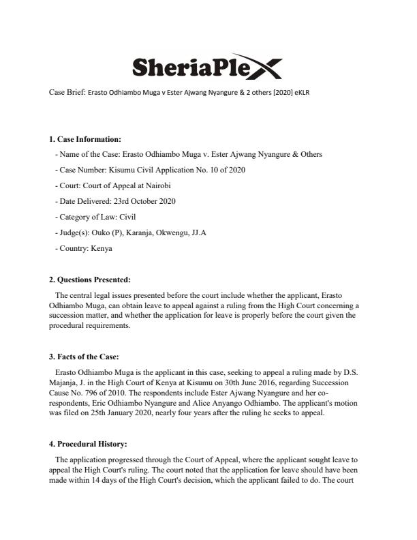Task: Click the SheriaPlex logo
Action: coord(205,66)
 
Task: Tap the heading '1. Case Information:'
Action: coord(85,139)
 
